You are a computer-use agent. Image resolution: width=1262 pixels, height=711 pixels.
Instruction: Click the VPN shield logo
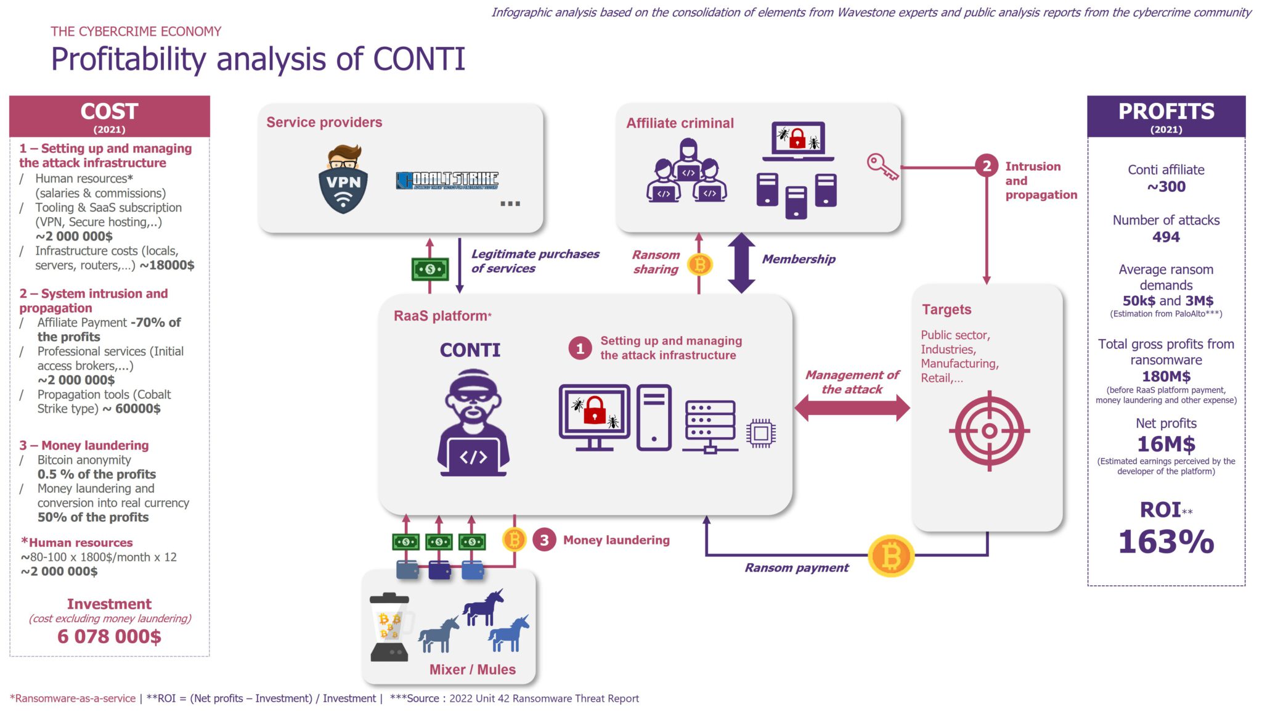coord(343,180)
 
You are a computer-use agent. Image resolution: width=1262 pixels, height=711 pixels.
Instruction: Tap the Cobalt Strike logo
coord(447,180)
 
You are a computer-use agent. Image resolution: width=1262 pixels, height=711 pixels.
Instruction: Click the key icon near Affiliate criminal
coord(882,167)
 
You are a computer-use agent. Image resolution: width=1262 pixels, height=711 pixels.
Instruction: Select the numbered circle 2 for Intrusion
coord(987,166)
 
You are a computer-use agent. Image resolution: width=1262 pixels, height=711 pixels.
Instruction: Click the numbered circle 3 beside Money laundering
coord(544,540)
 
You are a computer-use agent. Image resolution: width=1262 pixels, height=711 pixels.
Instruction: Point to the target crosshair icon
coord(989,431)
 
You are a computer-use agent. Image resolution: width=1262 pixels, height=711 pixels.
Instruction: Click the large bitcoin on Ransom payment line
coord(891,556)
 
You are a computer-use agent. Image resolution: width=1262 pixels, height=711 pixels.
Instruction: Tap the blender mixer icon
coord(389,627)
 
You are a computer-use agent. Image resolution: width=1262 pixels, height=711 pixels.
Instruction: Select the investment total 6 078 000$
coord(109,636)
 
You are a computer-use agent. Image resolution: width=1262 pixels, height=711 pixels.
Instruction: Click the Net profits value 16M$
coord(1166,444)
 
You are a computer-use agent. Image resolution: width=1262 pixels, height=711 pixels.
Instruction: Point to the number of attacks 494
coord(1166,237)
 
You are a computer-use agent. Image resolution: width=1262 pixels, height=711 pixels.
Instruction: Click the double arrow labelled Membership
coord(741,263)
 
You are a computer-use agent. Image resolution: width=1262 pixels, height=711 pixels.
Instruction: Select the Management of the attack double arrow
coord(852,408)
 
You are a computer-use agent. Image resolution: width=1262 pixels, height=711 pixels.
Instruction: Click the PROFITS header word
coord(1166,112)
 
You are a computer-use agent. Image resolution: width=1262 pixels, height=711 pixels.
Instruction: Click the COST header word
coord(109,112)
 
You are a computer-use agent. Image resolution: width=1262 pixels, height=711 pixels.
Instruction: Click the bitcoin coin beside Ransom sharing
coord(699,265)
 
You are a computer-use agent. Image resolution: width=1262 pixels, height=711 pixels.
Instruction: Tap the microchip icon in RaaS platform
coord(760,433)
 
